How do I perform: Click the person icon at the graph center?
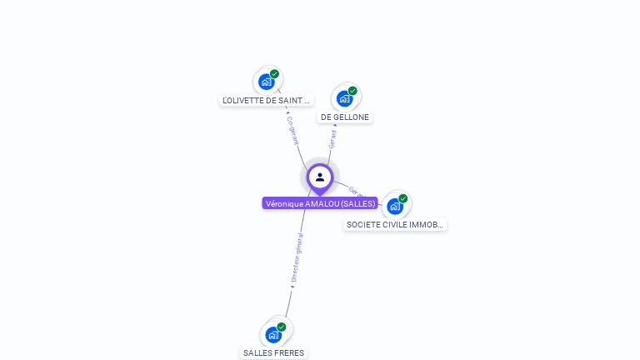(x=320, y=177)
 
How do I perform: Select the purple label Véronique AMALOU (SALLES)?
(x=320, y=203)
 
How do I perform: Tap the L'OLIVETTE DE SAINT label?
(x=266, y=100)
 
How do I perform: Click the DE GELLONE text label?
(x=345, y=117)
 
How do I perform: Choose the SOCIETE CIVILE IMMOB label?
(x=395, y=224)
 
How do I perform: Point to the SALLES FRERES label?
(x=274, y=352)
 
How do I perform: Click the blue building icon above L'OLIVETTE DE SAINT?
(x=266, y=82)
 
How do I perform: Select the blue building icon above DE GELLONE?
(x=344, y=98)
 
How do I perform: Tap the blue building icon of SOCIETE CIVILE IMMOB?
(x=394, y=206)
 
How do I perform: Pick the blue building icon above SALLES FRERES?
(x=272, y=335)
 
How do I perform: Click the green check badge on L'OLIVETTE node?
(x=274, y=74)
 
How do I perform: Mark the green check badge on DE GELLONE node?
(x=352, y=91)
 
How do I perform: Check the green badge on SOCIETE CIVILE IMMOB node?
(x=403, y=198)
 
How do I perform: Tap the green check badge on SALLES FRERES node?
(x=282, y=327)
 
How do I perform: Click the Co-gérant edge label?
(x=292, y=131)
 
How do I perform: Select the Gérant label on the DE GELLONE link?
(x=332, y=138)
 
